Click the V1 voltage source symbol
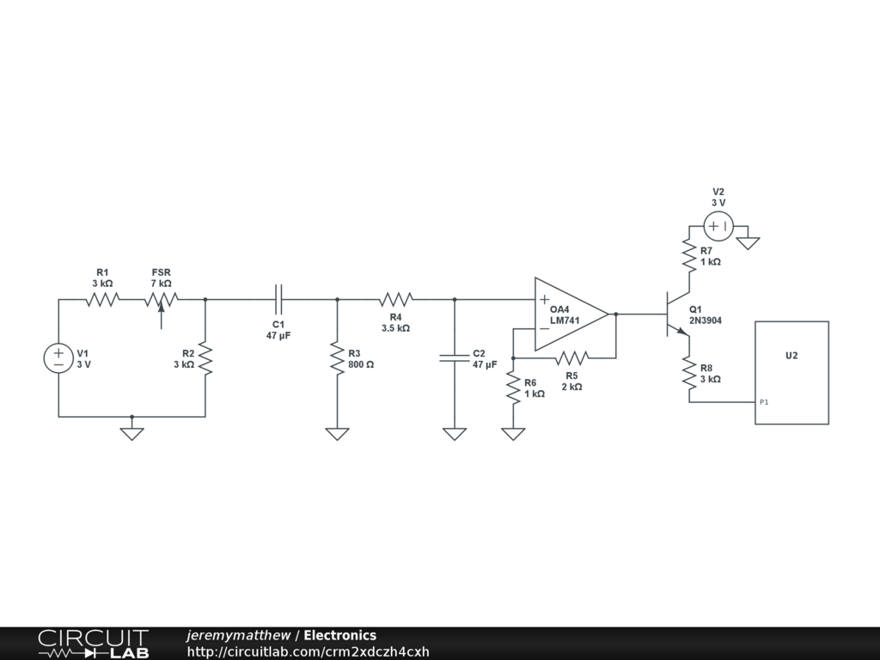point(58,358)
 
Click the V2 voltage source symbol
point(718,227)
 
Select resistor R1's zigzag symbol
point(102,299)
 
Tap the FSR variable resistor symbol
point(161,300)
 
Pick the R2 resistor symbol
point(205,358)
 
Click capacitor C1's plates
point(278,299)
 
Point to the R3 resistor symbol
point(337,358)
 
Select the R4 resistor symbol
point(396,299)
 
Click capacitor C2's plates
point(454,358)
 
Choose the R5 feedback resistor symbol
point(571,357)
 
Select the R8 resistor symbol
point(688,372)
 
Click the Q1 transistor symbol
point(675,315)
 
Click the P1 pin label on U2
point(764,402)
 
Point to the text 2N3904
point(706,321)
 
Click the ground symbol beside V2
point(749,241)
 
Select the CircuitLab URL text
point(309,651)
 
